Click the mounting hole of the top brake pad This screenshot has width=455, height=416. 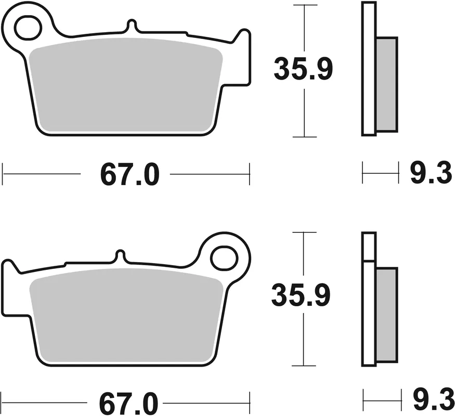pyautogui.click(x=27, y=28)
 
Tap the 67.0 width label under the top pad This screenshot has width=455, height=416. pyautogui.click(x=129, y=175)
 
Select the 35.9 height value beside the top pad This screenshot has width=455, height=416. pyautogui.click(x=303, y=70)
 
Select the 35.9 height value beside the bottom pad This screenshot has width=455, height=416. pyautogui.click(x=301, y=297)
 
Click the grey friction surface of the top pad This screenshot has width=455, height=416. pyautogui.click(x=125, y=86)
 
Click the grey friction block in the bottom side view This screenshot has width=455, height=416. pyautogui.click(x=386, y=315)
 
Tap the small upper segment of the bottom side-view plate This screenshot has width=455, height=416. pyautogui.click(x=368, y=246)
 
